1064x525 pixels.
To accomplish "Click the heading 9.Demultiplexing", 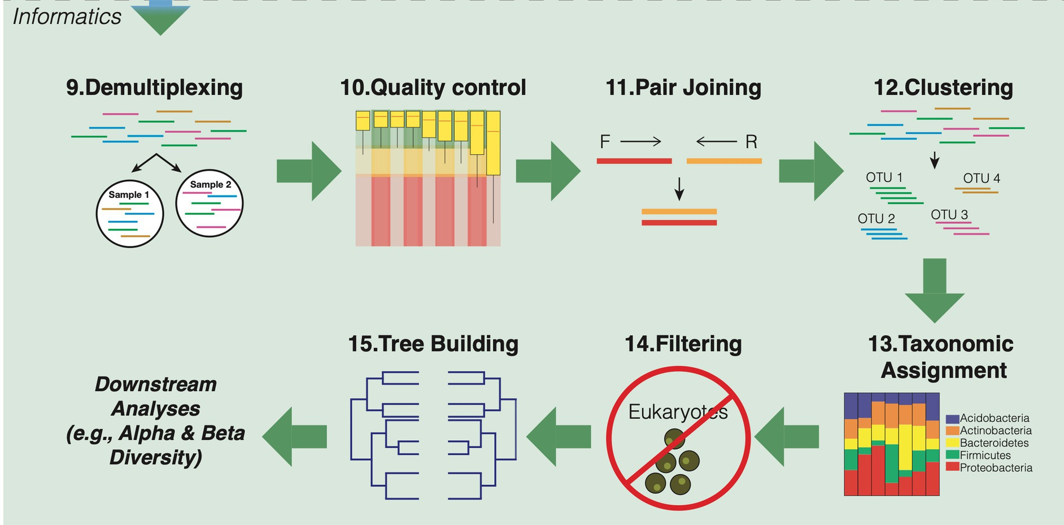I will [x=154, y=88].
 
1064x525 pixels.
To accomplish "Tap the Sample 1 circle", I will [x=130, y=215].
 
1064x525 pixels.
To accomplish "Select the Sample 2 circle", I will [x=210, y=203].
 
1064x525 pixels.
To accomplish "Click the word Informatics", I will [x=67, y=17].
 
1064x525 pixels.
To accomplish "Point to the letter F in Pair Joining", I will [x=605, y=142].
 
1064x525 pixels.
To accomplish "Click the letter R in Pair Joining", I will [x=751, y=142].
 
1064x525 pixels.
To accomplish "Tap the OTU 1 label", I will [x=884, y=177].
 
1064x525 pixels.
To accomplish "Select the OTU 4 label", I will [x=982, y=179].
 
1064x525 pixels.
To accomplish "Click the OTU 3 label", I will [x=949, y=215].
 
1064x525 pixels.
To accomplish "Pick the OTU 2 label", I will [x=876, y=219].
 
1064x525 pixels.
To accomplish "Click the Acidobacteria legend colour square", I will [x=952, y=419].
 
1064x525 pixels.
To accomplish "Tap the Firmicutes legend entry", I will [x=985, y=455].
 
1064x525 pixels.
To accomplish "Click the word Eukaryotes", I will [x=678, y=412].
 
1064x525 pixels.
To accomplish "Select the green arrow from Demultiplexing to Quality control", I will [x=309, y=171].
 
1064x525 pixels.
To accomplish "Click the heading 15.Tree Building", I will [x=433, y=344].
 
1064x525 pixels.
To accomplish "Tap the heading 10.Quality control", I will [x=433, y=88].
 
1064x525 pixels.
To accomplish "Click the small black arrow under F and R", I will [x=679, y=189].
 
